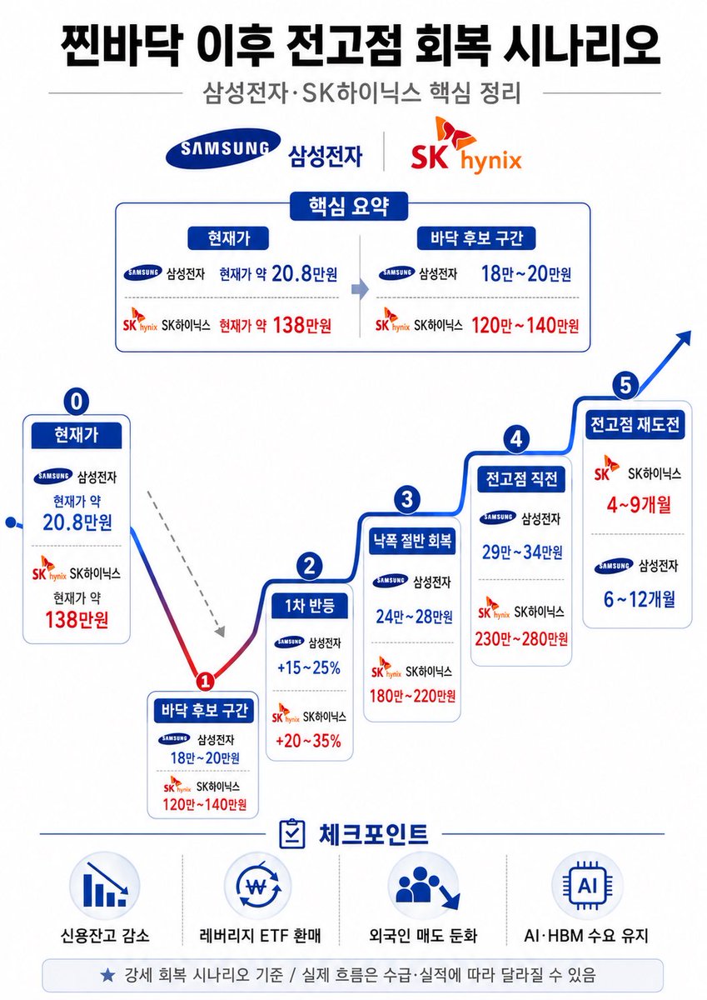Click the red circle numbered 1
point(205,682)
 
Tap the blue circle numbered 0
point(77,401)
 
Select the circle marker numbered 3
point(407,499)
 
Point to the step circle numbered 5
point(625,384)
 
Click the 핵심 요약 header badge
point(349,207)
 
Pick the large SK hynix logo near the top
point(466,146)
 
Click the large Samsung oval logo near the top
point(223,148)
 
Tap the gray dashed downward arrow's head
point(220,631)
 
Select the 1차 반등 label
point(310,606)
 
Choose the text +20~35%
point(308,741)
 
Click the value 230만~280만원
point(521,639)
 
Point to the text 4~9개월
point(639,505)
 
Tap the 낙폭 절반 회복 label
point(412,541)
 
